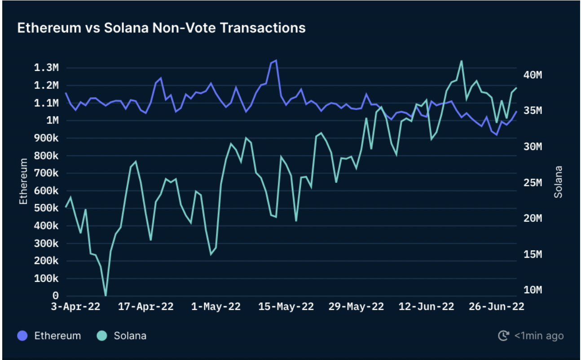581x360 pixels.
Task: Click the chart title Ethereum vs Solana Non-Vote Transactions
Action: point(161,28)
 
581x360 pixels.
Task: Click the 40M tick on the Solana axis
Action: point(533,75)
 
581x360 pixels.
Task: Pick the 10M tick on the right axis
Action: point(533,290)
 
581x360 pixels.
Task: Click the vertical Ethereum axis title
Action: point(23,181)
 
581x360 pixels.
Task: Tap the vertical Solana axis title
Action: point(559,182)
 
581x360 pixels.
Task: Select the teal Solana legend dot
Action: point(101,336)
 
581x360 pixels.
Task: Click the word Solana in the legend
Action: point(130,336)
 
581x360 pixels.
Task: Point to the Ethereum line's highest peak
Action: point(276,60)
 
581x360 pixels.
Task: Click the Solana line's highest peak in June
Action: point(461,61)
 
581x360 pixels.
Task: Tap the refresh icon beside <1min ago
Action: point(504,336)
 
